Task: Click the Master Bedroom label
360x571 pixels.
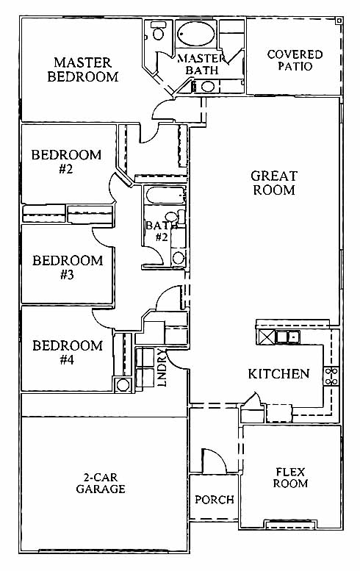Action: (83, 70)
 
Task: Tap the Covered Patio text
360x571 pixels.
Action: (295, 60)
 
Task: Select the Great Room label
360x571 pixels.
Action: (274, 183)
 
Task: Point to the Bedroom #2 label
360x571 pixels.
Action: (66, 162)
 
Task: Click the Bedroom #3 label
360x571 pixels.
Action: (68, 267)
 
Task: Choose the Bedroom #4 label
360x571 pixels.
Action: (68, 352)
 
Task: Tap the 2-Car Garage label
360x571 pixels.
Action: (101, 483)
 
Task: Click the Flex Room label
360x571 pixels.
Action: (290, 478)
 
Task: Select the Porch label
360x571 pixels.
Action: (215, 500)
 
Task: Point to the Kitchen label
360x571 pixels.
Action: (279, 373)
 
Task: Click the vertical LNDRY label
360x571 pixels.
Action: (162, 367)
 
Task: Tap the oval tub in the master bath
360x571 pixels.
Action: (196, 34)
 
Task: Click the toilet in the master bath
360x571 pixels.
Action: (158, 32)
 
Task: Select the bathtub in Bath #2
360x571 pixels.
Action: (165, 195)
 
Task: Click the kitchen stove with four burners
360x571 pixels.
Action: (331, 376)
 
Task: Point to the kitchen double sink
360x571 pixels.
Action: (287, 337)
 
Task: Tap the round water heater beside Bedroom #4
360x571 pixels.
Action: (123, 384)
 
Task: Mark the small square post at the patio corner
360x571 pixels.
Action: (339, 21)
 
